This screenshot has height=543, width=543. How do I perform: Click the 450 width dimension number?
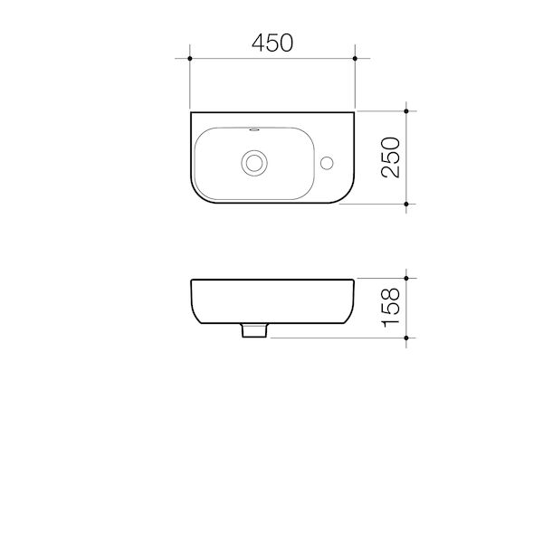pyautogui.click(x=271, y=43)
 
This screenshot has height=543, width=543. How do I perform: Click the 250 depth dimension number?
pyautogui.click(x=389, y=158)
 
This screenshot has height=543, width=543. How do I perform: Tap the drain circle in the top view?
pyautogui.click(x=256, y=163)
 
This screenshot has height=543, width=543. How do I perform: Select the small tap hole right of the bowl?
pyautogui.click(x=329, y=163)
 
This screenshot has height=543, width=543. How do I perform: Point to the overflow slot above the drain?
pyautogui.click(x=256, y=130)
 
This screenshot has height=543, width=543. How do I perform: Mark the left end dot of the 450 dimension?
pyautogui.click(x=189, y=58)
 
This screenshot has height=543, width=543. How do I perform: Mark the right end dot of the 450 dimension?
pyautogui.click(x=355, y=58)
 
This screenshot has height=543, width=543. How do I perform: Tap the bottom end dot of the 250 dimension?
pyautogui.click(x=406, y=207)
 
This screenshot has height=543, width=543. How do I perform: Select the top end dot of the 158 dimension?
pyautogui.click(x=406, y=277)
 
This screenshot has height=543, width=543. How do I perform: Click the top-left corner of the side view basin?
pyautogui.click(x=191, y=279)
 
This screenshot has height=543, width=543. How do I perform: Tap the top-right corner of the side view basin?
pyautogui.click(x=353, y=279)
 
